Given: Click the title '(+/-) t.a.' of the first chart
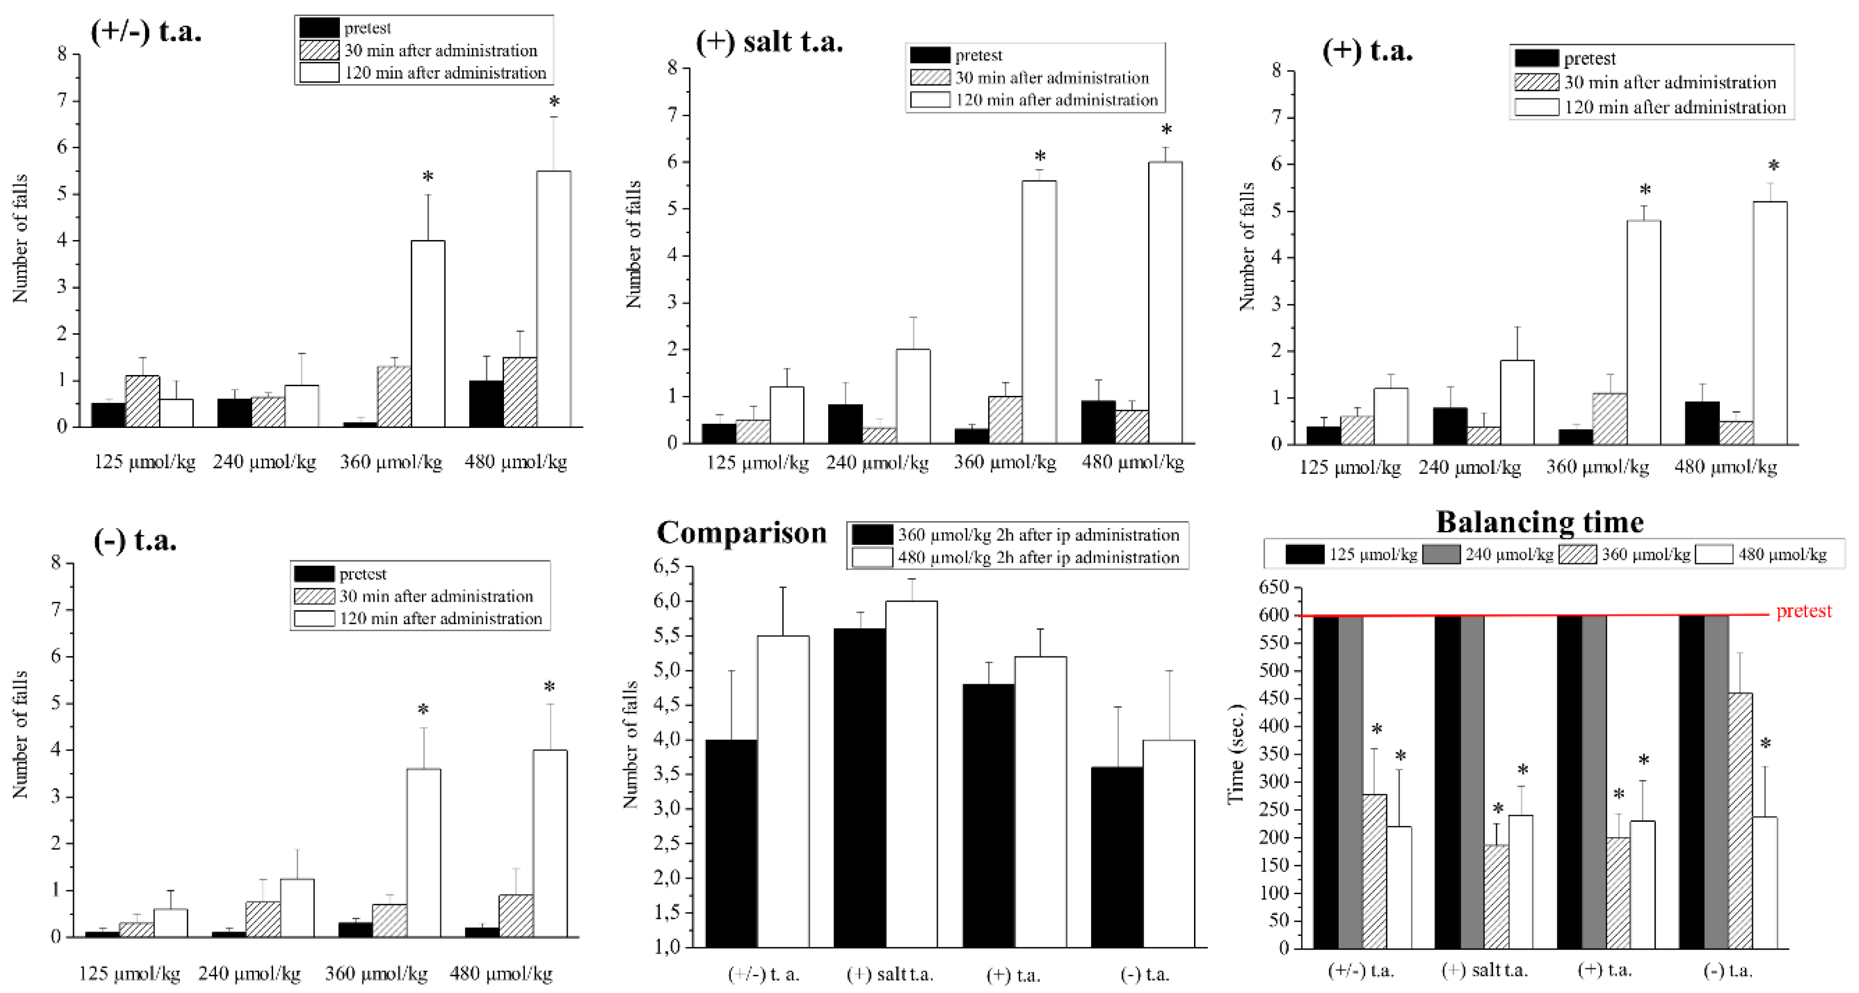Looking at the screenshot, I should (146, 31).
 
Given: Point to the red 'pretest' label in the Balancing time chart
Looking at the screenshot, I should (1803, 611).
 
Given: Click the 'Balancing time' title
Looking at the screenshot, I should (1539, 522).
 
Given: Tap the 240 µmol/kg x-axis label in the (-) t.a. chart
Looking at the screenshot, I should (250, 974).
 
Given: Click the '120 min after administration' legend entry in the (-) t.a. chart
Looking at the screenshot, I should (440, 619).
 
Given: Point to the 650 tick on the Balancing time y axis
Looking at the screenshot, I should (1274, 587).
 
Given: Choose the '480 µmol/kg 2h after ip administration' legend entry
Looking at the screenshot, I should (1038, 557).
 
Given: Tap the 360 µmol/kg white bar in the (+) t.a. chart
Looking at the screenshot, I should (1643, 332).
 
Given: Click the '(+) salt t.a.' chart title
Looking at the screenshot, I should (769, 42).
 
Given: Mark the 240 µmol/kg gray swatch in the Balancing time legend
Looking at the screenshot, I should (1441, 554).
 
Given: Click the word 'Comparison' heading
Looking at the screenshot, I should (741, 532).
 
